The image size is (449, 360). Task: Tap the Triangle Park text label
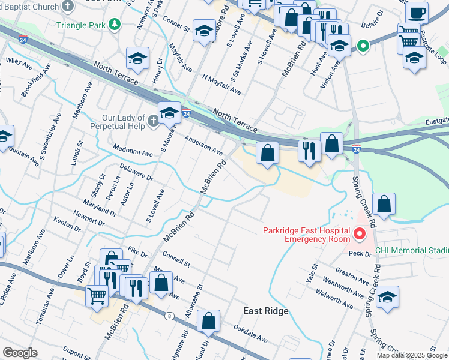click(x=80, y=25)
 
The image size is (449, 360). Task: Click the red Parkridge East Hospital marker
click(x=360, y=233)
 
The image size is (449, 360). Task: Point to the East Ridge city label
click(x=266, y=311)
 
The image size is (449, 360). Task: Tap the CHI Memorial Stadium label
click(x=411, y=250)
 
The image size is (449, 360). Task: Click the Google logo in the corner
click(x=20, y=353)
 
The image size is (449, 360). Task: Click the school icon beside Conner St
click(x=204, y=30)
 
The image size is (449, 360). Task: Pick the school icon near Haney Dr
click(x=137, y=58)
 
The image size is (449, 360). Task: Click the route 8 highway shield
click(x=170, y=316)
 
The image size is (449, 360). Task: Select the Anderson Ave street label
click(x=203, y=146)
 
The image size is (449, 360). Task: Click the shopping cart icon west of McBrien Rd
click(x=96, y=295)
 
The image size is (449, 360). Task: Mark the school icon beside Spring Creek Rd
click(x=387, y=296)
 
